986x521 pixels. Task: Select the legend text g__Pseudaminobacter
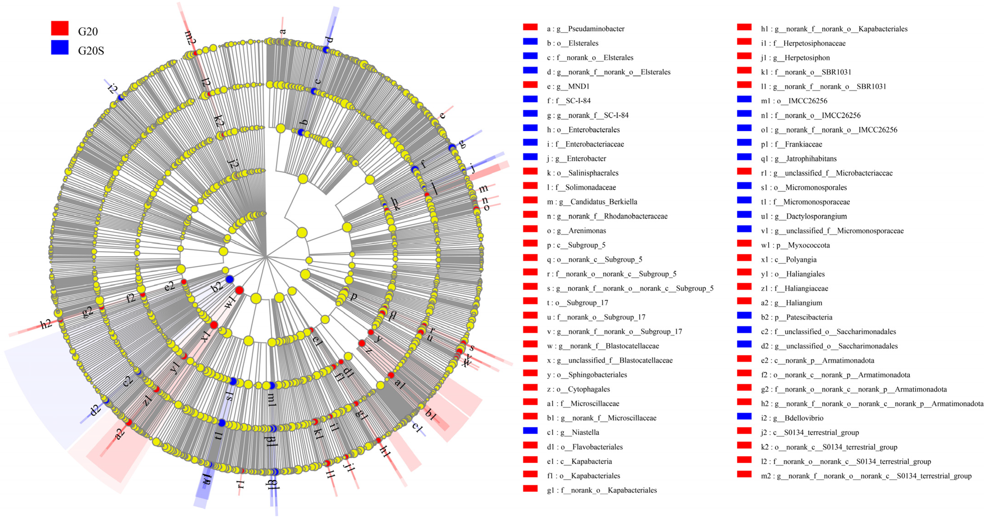click(596, 29)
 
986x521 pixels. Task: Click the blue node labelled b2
click(230, 279)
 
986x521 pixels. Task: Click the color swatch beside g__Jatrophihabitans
click(744, 157)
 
